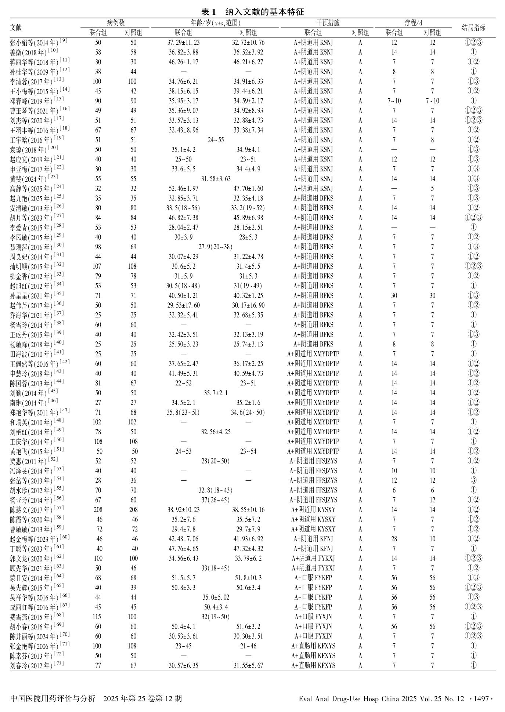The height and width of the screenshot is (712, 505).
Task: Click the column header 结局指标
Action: point(473,28)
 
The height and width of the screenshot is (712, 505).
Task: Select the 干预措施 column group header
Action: point(328,23)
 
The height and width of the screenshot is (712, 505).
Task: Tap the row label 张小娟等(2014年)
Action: point(36,43)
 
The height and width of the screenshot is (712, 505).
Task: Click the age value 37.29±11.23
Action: point(183,43)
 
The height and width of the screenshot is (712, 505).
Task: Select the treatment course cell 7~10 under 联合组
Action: point(394,101)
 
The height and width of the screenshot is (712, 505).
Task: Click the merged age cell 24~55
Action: point(216,140)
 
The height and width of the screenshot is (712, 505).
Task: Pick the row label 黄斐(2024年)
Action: point(31,179)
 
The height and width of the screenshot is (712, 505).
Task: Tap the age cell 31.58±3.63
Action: point(216,179)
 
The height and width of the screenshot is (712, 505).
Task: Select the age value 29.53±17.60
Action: point(183,305)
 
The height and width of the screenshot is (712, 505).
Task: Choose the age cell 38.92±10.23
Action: point(183,510)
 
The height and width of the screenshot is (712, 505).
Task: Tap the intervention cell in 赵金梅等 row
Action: point(313,539)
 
